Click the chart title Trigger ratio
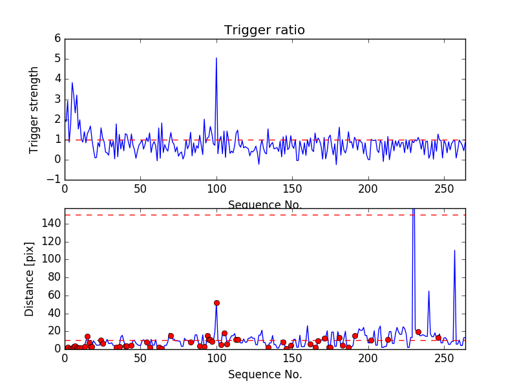pos(264,30)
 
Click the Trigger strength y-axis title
pos(34,110)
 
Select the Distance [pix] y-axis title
pos(30,279)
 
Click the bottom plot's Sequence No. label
pos(265,374)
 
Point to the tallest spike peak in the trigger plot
pos(216,58)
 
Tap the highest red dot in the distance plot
pos(216,303)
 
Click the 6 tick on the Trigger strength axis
pos(58,38)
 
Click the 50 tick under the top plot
pos(140,189)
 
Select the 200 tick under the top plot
pos(368,189)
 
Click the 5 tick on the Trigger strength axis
pos(58,59)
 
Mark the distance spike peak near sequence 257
pos(454,250)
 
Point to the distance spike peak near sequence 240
pos(428,291)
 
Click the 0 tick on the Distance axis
pos(58,349)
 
